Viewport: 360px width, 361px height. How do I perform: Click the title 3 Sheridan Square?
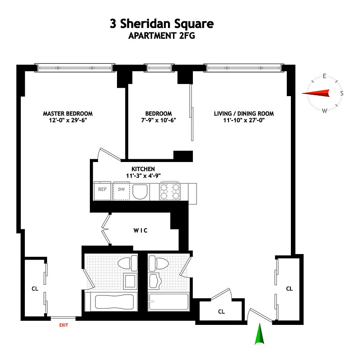[x=161, y=23]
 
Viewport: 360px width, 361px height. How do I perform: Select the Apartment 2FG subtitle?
[x=161, y=37]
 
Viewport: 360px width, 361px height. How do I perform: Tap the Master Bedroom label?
[x=68, y=114]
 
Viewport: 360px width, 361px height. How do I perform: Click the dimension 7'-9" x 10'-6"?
[x=159, y=120]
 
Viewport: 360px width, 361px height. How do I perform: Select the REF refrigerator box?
[x=103, y=190]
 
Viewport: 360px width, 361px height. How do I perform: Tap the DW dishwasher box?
[x=121, y=190]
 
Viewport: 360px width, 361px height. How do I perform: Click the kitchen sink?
[x=141, y=191]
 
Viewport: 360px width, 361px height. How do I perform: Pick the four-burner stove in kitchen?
[x=170, y=191]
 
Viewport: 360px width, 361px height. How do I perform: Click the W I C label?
[x=140, y=230]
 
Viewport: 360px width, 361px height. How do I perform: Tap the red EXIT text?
[x=63, y=324]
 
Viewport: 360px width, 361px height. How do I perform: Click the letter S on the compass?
[x=341, y=94]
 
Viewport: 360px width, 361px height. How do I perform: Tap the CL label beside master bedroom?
[x=34, y=288]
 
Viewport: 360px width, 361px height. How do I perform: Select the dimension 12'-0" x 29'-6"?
[x=68, y=120]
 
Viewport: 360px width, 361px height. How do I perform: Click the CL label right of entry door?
[x=290, y=288]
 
